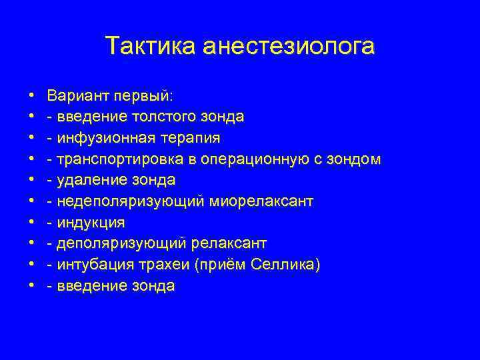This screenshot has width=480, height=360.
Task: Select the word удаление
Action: (89, 180)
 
